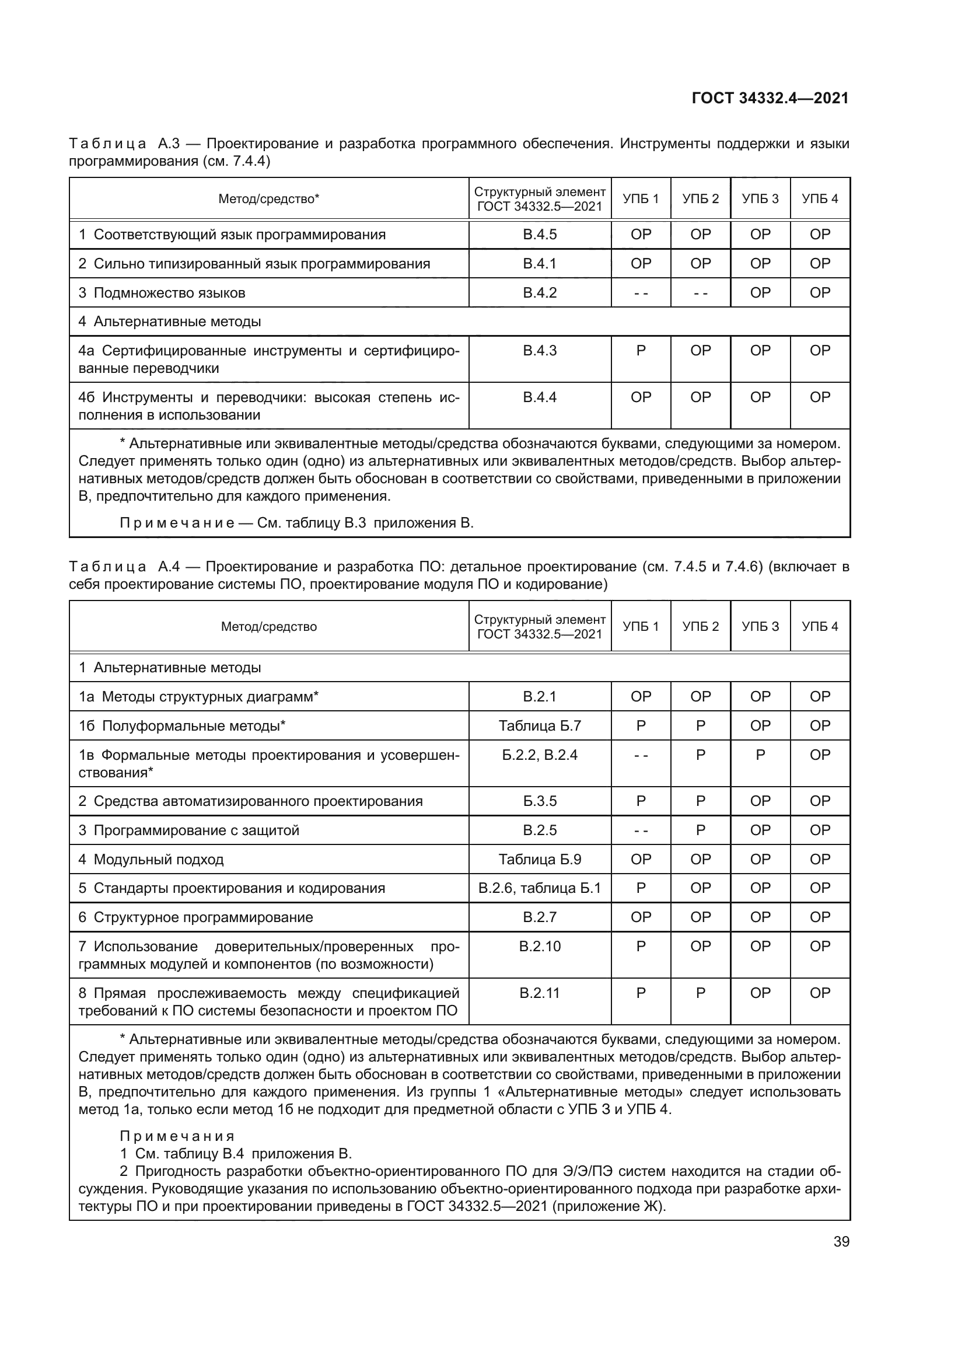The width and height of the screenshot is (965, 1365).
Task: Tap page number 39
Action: pyautogui.click(x=841, y=1241)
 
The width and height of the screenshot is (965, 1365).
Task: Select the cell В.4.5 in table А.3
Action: pyautogui.click(x=540, y=234)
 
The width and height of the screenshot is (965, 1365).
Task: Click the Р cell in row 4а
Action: pyautogui.click(x=641, y=351)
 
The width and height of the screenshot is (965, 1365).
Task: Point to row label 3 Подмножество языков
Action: pyautogui.click(x=162, y=292)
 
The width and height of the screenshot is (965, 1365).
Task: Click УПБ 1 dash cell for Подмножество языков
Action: pyautogui.click(x=641, y=292)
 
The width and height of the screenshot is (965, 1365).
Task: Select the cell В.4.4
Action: pyautogui.click(x=540, y=397)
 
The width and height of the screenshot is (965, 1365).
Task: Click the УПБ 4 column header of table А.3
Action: pyautogui.click(x=819, y=198)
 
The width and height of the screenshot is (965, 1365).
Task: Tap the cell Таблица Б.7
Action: pyautogui.click(x=540, y=725)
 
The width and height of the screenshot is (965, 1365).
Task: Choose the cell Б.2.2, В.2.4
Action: pyautogui.click(x=540, y=755)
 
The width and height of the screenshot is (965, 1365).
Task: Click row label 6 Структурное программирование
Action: pyautogui.click(x=195, y=917)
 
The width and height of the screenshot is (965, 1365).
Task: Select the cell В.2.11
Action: pyautogui.click(x=540, y=993)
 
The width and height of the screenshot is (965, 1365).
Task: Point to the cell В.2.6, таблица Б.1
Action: pyautogui.click(x=540, y=888)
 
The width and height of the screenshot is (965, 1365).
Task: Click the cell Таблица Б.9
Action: pyautogui.click(x=540, y=859)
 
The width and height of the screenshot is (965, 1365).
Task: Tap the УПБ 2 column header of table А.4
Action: pyautogui.click(x=700, y=626)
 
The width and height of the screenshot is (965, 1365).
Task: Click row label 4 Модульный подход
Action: pyautogui.click(x=151, y=859)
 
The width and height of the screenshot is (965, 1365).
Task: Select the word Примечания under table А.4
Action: pyautogui.click(x=177, y=1136)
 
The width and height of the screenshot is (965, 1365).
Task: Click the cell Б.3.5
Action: pyautogui.click(x=540, y=801)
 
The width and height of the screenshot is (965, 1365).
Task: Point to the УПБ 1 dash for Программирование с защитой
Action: pyautogui.click(x=641, y=830)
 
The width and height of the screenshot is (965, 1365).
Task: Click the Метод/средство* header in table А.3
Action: pyautogui.click(x=268, y=198)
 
